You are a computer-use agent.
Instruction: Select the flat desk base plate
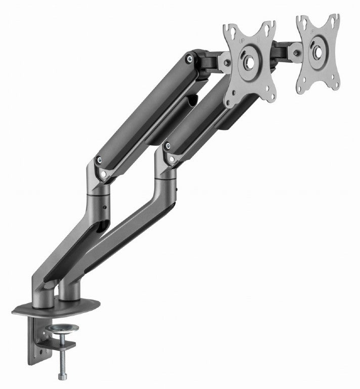(56, 307)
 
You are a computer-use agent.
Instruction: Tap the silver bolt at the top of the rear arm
(189, 59)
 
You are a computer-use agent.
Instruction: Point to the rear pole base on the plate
(43, 298)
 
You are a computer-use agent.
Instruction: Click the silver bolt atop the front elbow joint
(166, 147)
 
